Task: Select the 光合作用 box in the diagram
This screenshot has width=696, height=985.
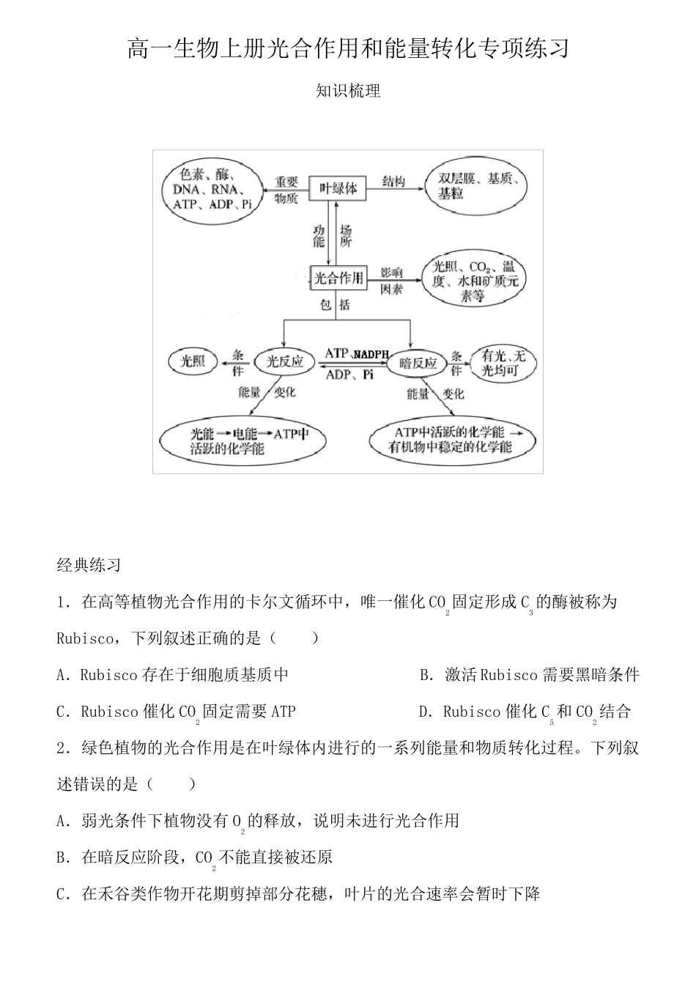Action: (x=338, y=278)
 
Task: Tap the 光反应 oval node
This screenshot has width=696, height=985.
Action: (x=284, y=361)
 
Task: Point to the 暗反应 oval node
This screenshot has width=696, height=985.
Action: (x=418, y=363)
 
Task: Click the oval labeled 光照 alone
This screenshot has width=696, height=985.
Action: (x=193, y=361)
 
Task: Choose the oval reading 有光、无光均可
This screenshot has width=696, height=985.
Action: (x=504, y=363)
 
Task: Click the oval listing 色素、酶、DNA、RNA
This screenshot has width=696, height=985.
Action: (x=212, y=189)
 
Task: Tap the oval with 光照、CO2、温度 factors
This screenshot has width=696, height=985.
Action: (x=473, y=281)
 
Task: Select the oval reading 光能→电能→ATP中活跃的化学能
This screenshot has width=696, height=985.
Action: (x=243, y=440)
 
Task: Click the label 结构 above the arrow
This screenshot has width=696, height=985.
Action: (x=393, y=181)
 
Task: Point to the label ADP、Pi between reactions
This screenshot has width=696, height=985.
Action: (x=349, y=375)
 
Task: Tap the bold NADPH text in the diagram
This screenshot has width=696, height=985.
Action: (x=372, y=355)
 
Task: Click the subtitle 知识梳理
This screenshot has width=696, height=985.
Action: (x=347, y=92)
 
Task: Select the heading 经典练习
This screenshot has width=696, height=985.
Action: (x=89, y=565)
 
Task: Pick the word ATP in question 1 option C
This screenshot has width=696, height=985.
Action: (x=284, y=711)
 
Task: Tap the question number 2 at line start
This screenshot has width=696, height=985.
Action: (x=62, y=748)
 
